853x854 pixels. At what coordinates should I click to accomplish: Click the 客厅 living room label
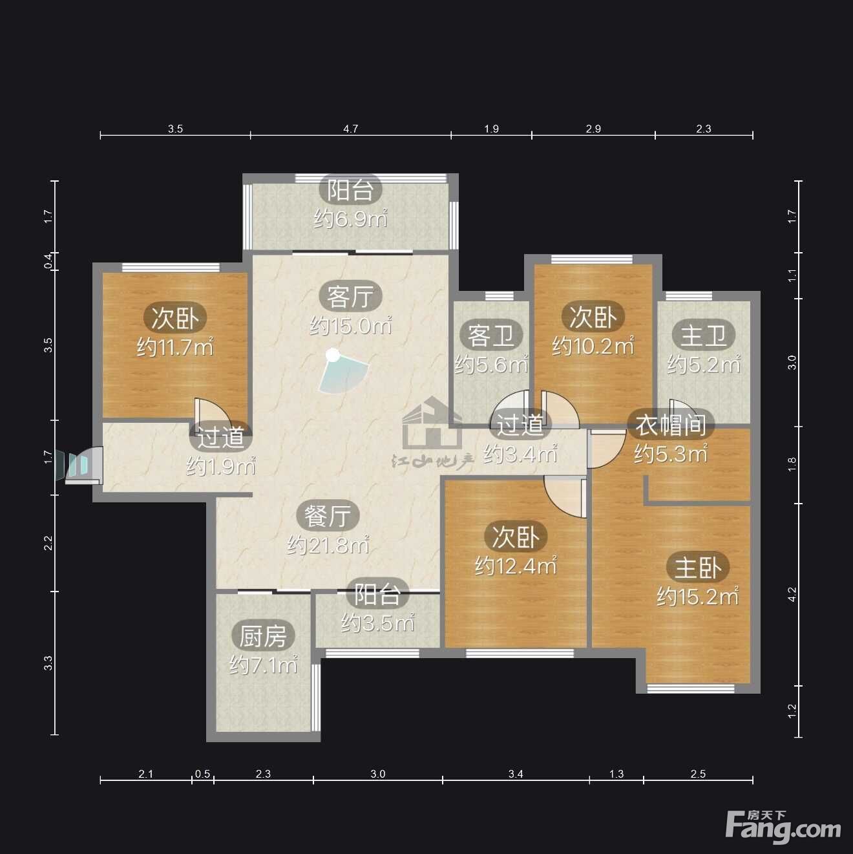[x=350, y=297]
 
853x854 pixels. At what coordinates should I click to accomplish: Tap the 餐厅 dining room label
[x=328, y=515]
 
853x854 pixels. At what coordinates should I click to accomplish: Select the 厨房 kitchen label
[x=263, y=637]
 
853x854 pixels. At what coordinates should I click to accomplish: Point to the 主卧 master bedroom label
[x=698, y=568]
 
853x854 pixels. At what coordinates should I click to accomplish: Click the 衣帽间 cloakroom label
[x=670, y=425]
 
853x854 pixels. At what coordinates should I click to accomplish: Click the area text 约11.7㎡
[x=175, y=347]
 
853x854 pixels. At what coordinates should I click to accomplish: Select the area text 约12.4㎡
[x=516, y=566]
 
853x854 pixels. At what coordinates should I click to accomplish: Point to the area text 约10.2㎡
[x=593, y=346]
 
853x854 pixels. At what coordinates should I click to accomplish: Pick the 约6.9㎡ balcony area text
[x=350, y=219]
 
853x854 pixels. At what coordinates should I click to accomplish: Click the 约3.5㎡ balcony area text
[x=377, y=623]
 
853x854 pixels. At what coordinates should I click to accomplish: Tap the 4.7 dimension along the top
[x=350, y=129]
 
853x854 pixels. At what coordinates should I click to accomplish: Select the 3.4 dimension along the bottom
[x=516, y=774]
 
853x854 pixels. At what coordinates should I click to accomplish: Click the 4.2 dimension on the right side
[x=793, y=594]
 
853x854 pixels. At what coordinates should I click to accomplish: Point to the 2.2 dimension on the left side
[x=48, y=543]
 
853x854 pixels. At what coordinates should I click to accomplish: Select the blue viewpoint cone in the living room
[x=342, y=372]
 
